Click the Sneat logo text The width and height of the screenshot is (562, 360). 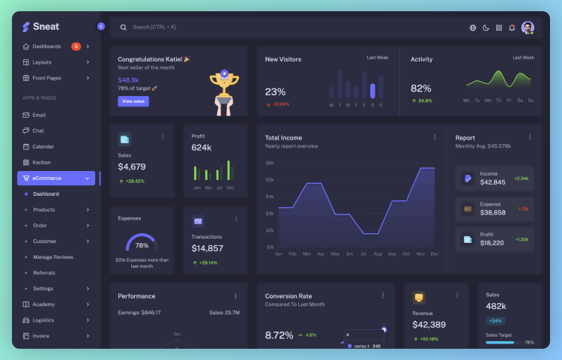(46, 27)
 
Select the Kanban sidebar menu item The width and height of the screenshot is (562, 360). (41, 162)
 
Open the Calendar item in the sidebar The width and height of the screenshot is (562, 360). (43, 146)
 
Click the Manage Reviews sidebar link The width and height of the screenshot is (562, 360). (53, 257)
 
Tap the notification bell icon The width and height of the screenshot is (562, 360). (512, 28)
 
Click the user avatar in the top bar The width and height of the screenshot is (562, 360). (528, 28)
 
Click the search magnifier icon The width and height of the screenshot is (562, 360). (124, 28)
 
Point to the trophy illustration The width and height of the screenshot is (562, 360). (223, 90)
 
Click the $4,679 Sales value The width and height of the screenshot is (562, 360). (132, 166)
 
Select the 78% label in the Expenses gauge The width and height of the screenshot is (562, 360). (142, 245)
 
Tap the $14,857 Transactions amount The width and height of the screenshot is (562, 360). (207, 248)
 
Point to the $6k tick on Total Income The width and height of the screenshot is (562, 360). (270, 163)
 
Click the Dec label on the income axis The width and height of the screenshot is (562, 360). (433, 254)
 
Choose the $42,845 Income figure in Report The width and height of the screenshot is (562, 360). (492, 182)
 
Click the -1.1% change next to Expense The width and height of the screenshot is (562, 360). (522, 209)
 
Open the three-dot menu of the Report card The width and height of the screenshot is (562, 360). (530, 137)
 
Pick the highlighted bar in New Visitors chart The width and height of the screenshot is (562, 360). (372, 91)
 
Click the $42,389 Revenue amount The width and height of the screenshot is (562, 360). (429, 325)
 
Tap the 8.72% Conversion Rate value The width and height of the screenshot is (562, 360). (279, 335)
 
